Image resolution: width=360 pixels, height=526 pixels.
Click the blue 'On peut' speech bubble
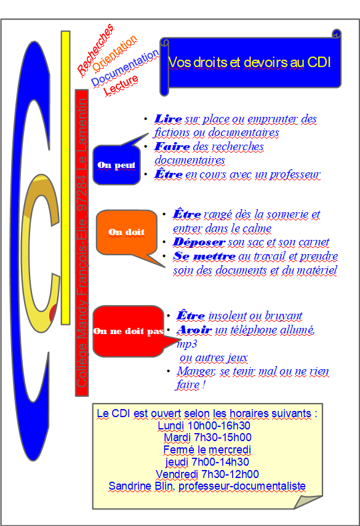click(x=116, y=165)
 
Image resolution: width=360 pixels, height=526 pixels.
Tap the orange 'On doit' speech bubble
click(x=127, y=232)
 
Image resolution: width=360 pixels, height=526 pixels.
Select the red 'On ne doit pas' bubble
click(x=127, y=331)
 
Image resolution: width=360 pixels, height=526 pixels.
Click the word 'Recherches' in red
click(x=95, y=49)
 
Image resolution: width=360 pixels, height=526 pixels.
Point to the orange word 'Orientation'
click(x=114, y=53)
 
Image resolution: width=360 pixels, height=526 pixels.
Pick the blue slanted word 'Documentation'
click(x=125, y=68)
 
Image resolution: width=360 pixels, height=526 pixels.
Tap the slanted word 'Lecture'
click(x=121, y=86)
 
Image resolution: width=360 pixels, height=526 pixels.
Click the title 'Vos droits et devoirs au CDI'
click(x=249, y=62)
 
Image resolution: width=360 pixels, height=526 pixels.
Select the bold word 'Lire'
click(x=168, y=119)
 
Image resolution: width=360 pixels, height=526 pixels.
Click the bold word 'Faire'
click(x=172, y=146)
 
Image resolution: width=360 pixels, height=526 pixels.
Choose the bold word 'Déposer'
click(x=199, y=242)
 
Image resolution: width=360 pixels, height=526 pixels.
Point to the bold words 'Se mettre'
click(x=204, y=256)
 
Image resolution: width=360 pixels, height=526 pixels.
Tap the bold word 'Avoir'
click(x=194, y=330)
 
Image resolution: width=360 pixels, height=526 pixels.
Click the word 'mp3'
click(x=187, y=344)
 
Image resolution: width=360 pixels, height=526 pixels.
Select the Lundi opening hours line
click(x=204, y=426)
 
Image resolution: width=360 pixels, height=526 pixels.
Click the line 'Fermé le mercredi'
click(x=207, y=450)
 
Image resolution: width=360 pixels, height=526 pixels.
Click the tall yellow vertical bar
click(x=65, y=178)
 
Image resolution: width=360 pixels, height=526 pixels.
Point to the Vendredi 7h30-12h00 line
click(x=207, y=474)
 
